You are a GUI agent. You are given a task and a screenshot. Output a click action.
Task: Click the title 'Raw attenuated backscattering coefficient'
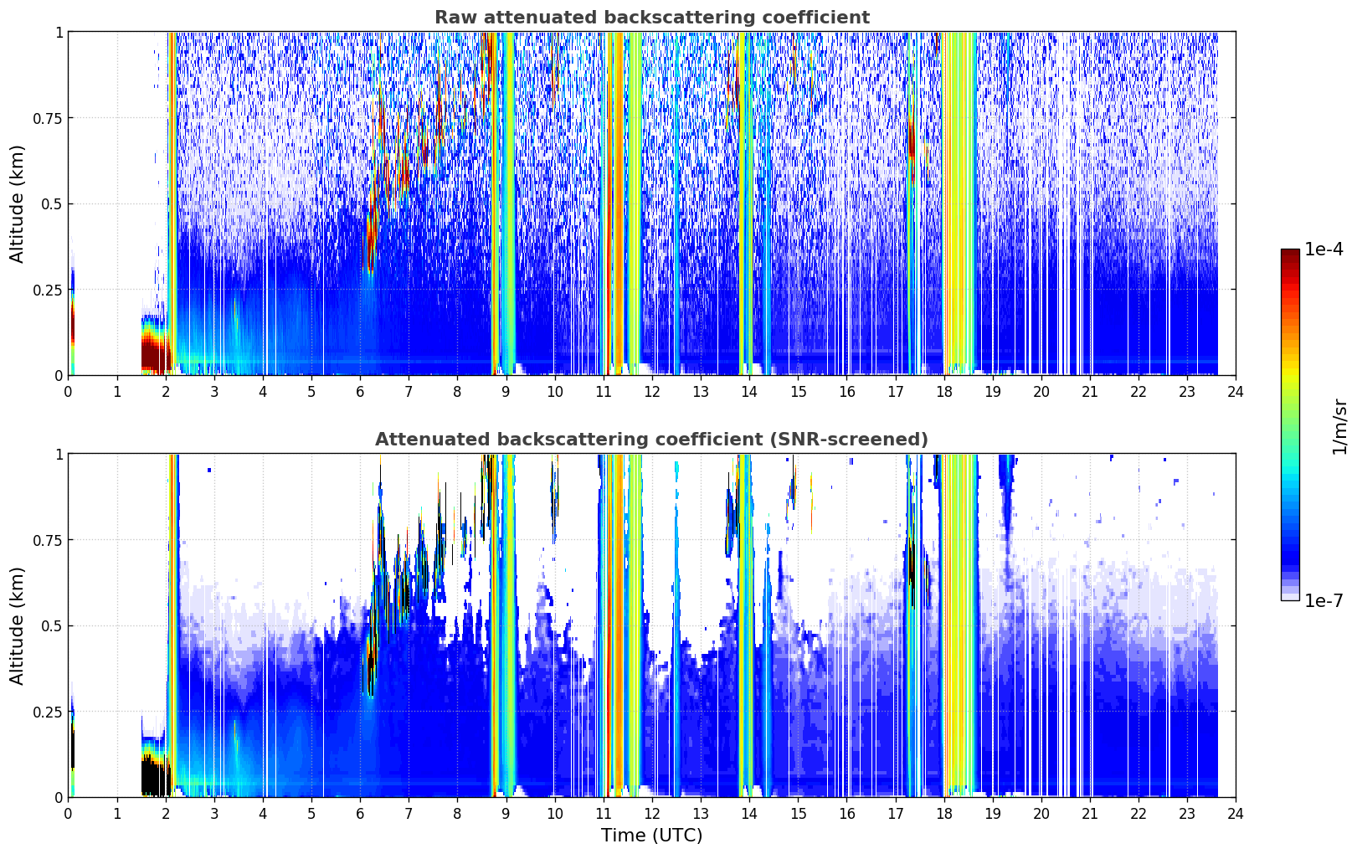pos(652,17)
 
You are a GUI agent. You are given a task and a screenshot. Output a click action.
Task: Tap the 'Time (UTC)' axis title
pos(652,836)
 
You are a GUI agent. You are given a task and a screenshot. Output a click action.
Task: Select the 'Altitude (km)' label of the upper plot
pos(17,203)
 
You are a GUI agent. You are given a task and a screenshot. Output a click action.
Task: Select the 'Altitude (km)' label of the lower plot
pos(17,625)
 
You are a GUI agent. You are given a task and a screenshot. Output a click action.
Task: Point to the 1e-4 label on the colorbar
pos(1324,249)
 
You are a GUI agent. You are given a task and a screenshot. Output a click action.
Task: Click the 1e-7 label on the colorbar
pos(1324,600)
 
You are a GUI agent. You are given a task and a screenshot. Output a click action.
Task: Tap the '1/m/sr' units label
pos(1339,426)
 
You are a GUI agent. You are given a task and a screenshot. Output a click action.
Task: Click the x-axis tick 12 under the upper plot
pos(652,391)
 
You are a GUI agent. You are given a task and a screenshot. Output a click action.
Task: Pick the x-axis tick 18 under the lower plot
pos(943,814)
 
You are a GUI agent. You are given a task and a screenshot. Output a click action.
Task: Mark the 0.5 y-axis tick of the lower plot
pos(52,626)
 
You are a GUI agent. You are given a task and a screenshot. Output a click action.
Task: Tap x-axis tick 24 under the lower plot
pos(1236,814)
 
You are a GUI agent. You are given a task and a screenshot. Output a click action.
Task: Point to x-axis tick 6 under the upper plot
pos(360,391)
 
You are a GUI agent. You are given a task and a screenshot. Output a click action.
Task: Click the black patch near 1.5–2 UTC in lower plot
pos(155,776)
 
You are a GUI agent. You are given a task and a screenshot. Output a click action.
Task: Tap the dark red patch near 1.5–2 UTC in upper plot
pos(155,355)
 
